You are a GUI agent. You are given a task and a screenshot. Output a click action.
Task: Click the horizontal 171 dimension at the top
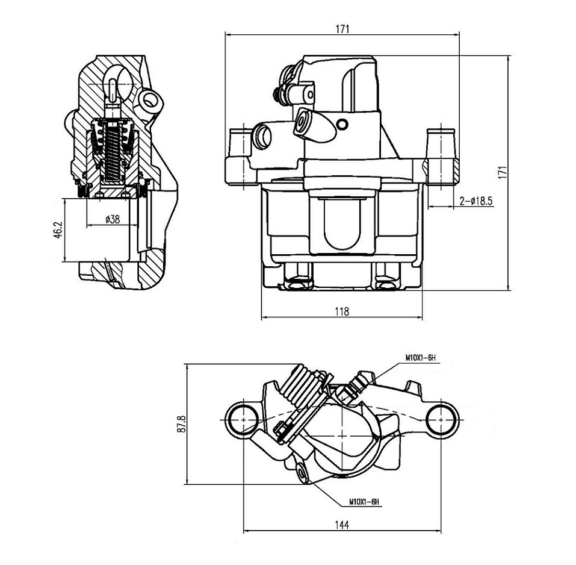(342, 29)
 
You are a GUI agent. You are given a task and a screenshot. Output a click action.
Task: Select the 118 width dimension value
(342, 311)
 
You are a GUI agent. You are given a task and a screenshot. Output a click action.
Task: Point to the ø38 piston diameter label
(113, 219)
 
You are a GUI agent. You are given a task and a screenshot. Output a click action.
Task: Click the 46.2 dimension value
(58, 230)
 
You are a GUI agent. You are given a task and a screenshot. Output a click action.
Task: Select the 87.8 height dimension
(182, 424)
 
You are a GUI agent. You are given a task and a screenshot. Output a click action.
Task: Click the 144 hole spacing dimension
(342, 525)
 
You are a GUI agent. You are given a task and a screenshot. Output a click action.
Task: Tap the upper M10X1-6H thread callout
(420, 357)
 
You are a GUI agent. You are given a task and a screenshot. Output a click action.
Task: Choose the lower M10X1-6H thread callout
(364, 501)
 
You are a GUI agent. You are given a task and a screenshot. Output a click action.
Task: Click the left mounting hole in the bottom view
(243, 419)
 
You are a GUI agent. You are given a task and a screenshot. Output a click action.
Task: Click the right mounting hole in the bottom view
(441, 419)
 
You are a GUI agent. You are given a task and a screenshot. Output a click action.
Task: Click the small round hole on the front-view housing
(342, 124)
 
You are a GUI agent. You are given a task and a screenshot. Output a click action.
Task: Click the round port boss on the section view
(150, 99)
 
